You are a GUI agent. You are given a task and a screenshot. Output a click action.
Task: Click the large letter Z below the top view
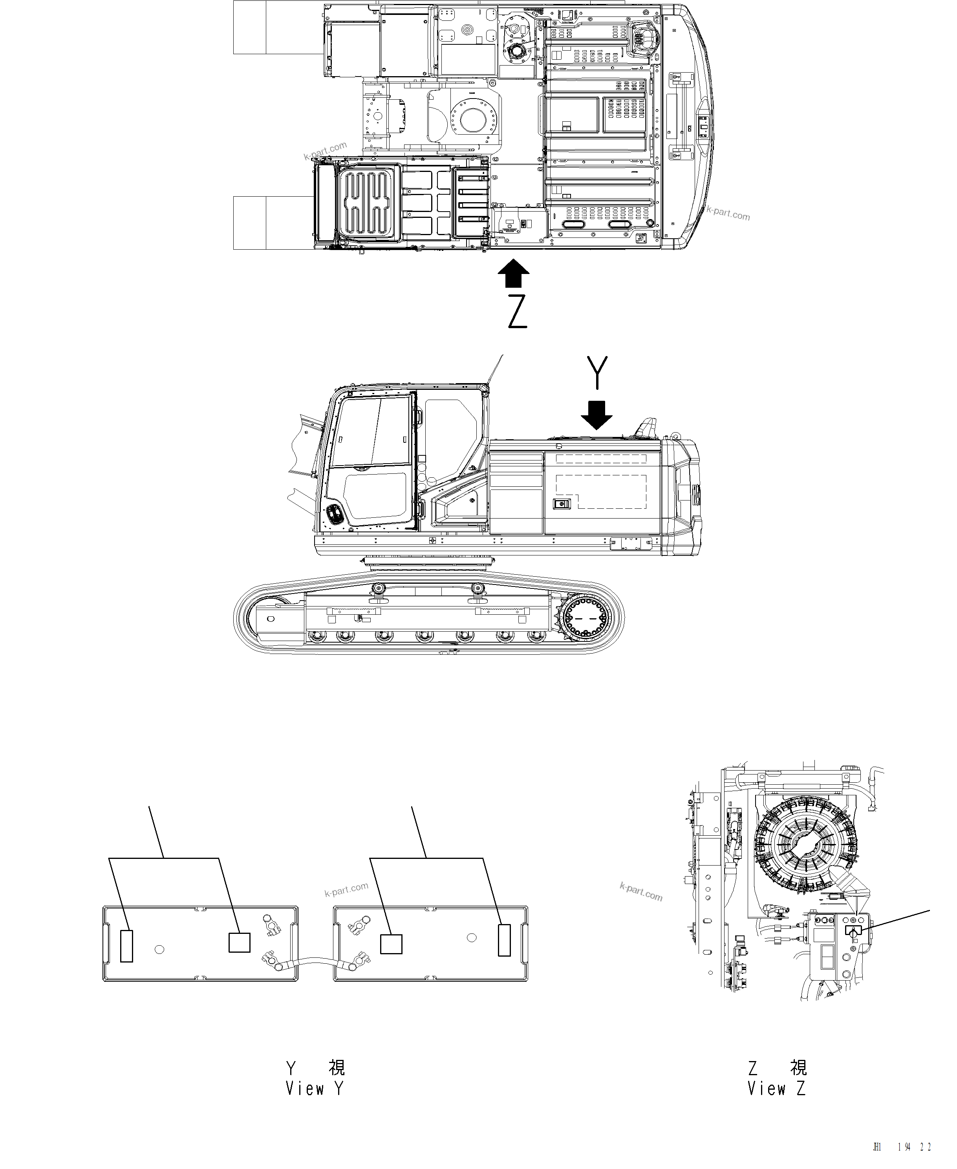pyautogui.click(x=517, y=312)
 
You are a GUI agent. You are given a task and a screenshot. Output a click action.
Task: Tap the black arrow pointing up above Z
pyautogui.click(x=513, y=273)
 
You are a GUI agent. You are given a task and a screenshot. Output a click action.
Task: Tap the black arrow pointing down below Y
pyautogui.click(x=597, y=415)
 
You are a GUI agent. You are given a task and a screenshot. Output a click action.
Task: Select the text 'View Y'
pyautogui.click(x=314, y=1089)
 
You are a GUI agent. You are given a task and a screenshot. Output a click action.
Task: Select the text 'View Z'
pyautogui.click(x=776, y=1089)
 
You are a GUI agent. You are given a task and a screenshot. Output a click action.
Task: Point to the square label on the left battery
pyautogui.click(x=239, y=942)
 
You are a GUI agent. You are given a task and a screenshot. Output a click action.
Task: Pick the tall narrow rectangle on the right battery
pyautogui.click(x=504, y=940)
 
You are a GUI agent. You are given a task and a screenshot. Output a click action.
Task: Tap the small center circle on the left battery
pyautogui.click(x=159, y=949)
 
